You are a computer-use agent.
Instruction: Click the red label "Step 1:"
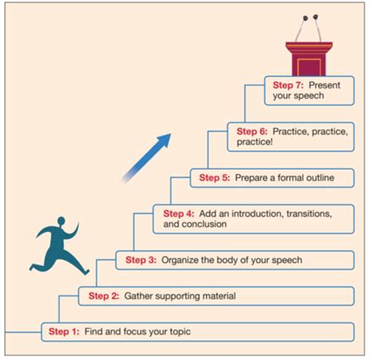64,331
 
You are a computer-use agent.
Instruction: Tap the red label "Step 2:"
104,296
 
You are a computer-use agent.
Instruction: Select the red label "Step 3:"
141,260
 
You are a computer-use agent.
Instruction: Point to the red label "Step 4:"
179,214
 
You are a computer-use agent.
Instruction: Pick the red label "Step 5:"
214,178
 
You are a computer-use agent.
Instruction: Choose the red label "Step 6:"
252,131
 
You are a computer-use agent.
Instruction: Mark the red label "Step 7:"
288,86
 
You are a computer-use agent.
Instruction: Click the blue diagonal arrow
146,158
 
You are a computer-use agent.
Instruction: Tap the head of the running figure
62,221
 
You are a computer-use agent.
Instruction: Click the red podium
309,59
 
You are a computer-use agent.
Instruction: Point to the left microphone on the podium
305,18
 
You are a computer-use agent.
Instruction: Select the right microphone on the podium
316,17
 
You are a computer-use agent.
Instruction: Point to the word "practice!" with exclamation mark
255,142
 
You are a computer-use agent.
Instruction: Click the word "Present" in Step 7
325,86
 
